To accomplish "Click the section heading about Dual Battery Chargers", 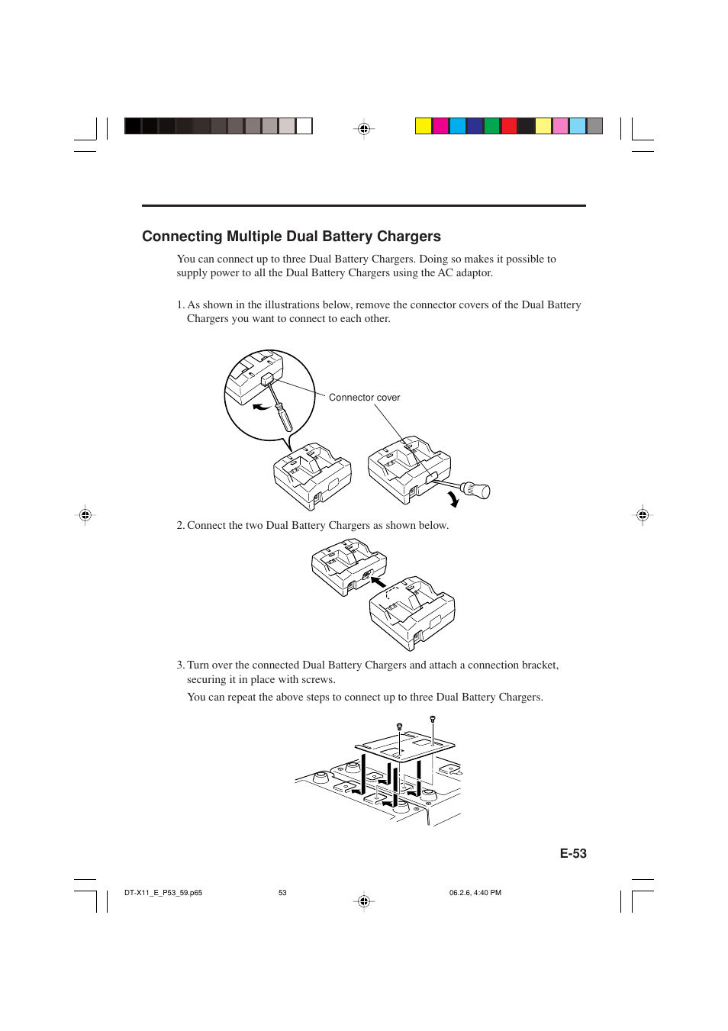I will coord(292,237).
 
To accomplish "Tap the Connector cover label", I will coord(364,398).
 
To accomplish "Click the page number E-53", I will coord(573,854).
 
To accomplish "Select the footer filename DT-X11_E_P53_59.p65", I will coord(163,893).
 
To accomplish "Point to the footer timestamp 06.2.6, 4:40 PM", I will coord(475,893).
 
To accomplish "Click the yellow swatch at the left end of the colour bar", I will coord(424,126).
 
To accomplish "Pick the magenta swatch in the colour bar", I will coord(441,126).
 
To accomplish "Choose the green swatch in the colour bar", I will coord(492,126).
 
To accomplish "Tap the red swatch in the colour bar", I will coord(509,126).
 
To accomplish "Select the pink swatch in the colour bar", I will coord(560,126).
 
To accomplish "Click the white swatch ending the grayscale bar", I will coord(304,126).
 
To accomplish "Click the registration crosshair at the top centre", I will coord(364,129).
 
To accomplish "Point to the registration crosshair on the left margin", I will coord(85,515).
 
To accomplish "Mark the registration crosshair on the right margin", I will coord(643,515).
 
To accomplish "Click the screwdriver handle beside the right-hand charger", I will coord(476,490).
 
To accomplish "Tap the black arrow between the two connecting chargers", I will coord(378,582).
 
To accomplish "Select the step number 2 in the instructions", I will coord(180,526).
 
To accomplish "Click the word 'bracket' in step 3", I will coord(539,665).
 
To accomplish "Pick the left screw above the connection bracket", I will coord(399,727).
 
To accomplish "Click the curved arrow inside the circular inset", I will coord(261,408).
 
